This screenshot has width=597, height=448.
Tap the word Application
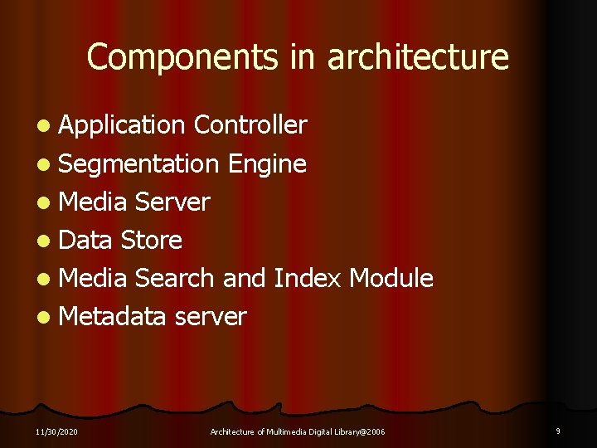(122, 125)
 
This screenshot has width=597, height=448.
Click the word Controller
(250, 125)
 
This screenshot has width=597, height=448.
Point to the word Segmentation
(138, 163)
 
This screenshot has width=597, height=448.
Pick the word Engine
(266, 164)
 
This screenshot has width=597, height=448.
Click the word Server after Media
(172, 202)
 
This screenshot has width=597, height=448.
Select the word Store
(151, 240)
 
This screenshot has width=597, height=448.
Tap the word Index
(307, 278)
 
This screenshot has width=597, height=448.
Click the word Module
(391, 278)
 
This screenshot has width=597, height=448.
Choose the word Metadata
(114, 316)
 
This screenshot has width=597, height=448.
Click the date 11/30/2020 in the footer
(58, 431)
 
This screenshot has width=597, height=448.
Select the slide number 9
(558, 431)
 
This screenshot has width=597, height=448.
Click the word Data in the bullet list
(85, 240)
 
